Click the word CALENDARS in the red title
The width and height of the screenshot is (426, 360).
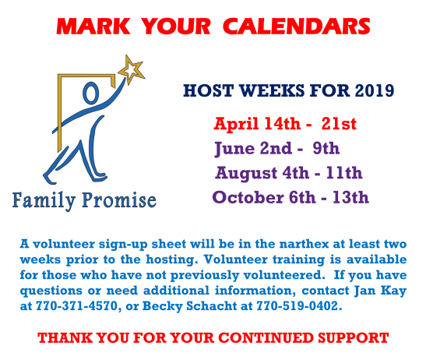297,26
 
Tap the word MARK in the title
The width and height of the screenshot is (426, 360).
93,26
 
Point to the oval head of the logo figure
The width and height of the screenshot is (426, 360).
90,93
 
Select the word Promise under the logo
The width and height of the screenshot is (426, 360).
119,200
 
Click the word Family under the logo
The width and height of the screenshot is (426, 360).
44,201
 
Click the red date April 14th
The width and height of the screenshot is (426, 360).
257,124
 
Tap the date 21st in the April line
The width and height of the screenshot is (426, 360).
339,124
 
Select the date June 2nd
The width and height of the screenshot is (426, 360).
253,149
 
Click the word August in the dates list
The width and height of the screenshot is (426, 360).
247,174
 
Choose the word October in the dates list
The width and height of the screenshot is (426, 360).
248,197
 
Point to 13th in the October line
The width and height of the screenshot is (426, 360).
350,197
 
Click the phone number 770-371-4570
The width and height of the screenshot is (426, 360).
76,306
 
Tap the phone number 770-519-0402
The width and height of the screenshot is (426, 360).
297,306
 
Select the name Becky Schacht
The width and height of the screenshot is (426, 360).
189,306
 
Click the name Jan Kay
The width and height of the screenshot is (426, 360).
380,291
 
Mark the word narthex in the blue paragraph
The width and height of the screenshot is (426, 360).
304,244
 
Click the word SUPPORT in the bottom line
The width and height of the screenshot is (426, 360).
354,338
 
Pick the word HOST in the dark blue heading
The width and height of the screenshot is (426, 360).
208,90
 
